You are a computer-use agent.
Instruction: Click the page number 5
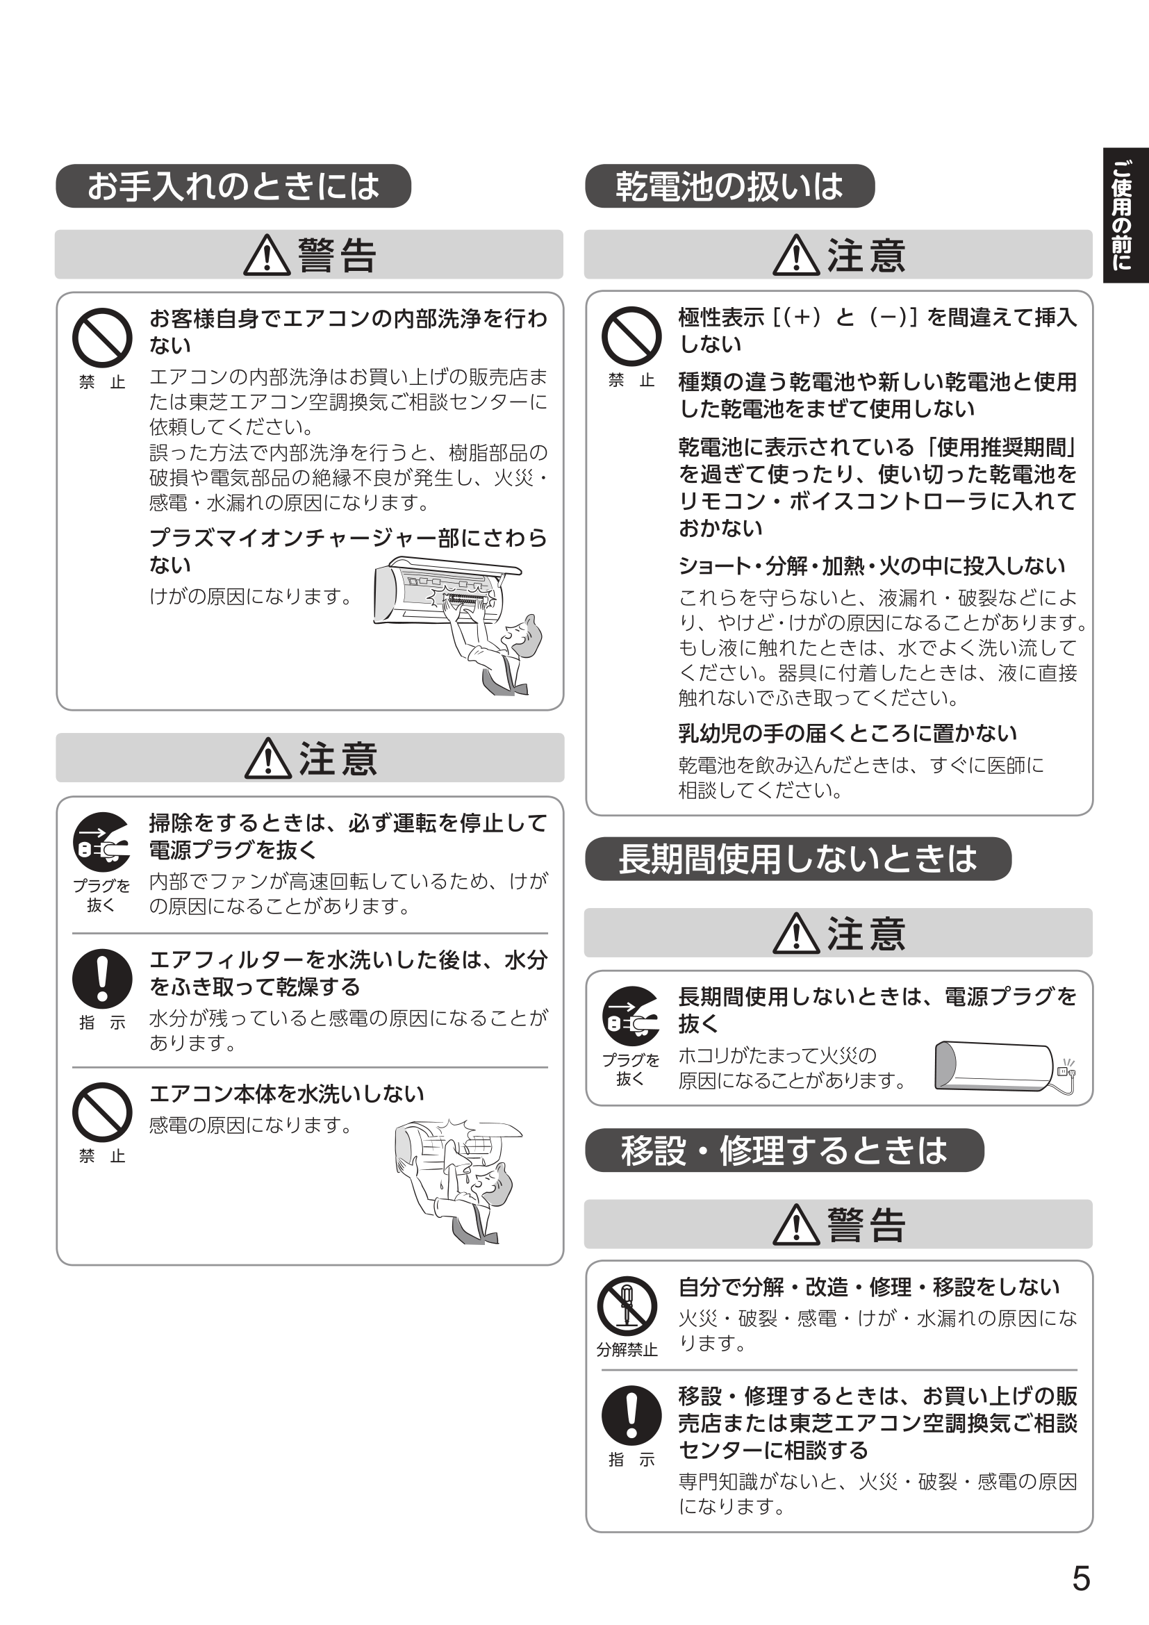(1081, 1579)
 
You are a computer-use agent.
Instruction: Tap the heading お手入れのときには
(233, 186)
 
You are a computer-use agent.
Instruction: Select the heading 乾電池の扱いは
(729, 186)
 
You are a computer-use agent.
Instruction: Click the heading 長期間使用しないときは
(797, 859)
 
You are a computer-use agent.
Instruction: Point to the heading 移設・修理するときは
(784, 1150)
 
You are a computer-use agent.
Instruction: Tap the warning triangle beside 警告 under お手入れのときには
(267, 256)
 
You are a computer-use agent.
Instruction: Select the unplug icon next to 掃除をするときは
(102, 842)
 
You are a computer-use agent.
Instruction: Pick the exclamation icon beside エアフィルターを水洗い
(102, 979)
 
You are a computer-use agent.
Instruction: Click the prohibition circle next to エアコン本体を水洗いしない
(102, 1112)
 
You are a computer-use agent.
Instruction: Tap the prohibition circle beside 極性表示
(631, 336)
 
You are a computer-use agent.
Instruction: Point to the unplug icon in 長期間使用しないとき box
(631, 1016)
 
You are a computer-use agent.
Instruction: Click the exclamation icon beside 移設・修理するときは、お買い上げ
(631, 1415)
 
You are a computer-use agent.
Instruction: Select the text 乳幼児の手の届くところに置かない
(847, 733)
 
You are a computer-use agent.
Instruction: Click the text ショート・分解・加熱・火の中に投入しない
(871, 566)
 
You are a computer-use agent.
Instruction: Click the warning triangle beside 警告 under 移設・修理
(796, 1225)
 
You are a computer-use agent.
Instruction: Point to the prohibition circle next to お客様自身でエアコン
(102, 338)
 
